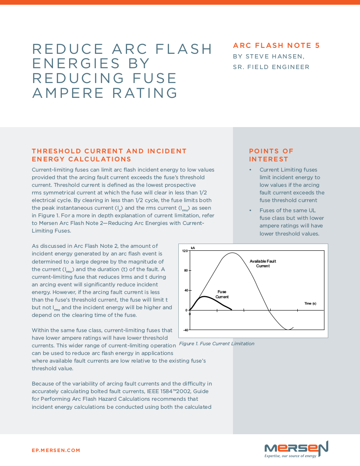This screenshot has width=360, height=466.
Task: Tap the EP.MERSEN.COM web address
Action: (56, 450)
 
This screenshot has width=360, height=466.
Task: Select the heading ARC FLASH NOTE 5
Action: (276, 46)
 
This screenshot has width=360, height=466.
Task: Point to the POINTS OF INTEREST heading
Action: (271, 155)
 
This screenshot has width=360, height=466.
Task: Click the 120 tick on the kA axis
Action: (185, 251)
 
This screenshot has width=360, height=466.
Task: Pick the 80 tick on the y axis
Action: (186, 270)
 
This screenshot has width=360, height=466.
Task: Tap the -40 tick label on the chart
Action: (185, 330)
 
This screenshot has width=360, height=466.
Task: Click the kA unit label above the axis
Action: (193, 247)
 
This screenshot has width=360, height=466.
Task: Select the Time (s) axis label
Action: (310, 304)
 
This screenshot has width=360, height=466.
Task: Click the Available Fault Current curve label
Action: (263, 264)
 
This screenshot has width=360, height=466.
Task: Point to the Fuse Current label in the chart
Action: (222, 294)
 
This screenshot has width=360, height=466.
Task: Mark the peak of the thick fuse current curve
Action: (205, 297)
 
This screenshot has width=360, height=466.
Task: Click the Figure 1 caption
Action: (216, 344)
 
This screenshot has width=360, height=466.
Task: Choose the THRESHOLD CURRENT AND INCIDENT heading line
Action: (109, 151)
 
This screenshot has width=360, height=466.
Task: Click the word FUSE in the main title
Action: (153, 78)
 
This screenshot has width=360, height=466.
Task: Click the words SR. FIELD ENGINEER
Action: (271, 67)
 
